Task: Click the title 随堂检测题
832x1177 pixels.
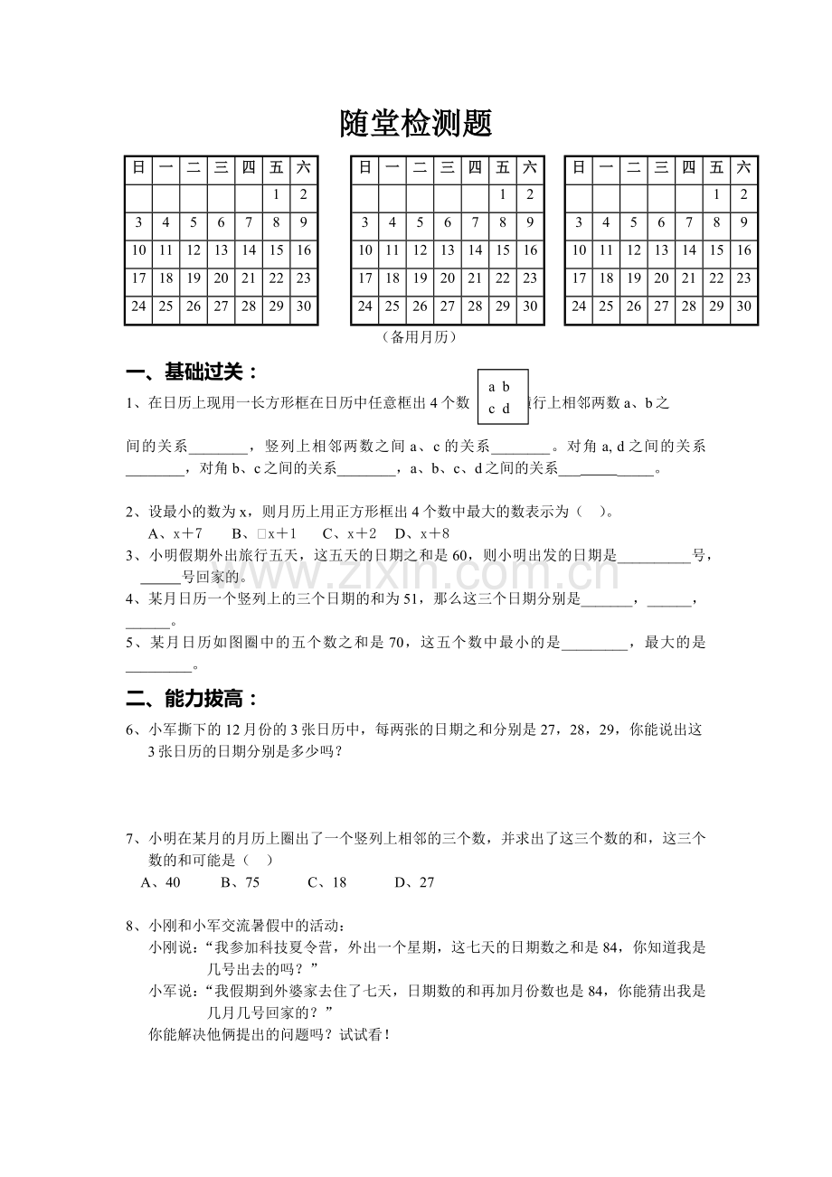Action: (415, 124)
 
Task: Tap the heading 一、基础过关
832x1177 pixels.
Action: (193, 372)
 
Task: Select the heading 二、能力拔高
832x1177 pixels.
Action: (193, 699)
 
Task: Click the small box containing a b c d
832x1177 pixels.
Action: (503, 397)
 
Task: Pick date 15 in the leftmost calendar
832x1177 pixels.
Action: (276, 250)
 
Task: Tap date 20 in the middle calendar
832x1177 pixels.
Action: (448, 278)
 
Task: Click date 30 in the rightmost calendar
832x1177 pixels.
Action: (743, 306)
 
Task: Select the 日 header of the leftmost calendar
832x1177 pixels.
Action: (138, 166)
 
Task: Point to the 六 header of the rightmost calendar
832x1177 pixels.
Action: (743, 166)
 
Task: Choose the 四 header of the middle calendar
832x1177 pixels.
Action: (475, 166)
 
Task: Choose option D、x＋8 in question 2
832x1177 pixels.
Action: (422, 533)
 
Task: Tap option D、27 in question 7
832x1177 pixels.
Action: (414, 882)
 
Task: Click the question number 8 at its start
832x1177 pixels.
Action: (130, 926)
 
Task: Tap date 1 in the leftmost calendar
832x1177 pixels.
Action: (276, 194)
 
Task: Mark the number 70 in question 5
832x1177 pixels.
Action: (396, 643)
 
